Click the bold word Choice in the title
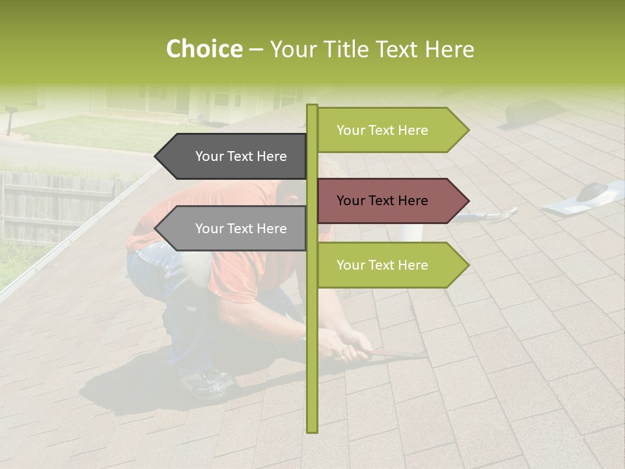pos(204,50)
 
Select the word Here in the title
pos(450,50)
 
